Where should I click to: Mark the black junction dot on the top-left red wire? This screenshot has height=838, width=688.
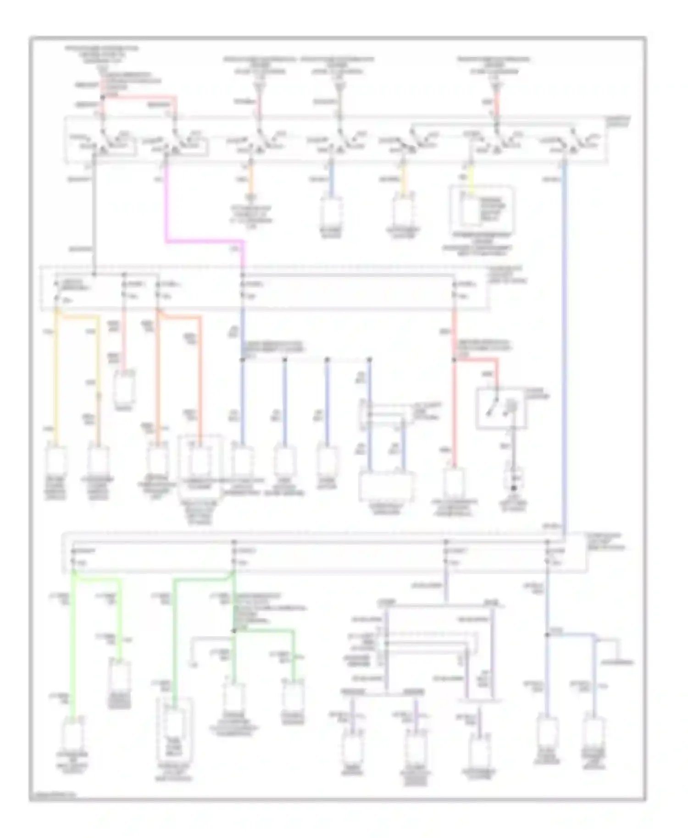(x=102, y=97)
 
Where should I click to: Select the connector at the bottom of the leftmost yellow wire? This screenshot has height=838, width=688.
(x=56, y=460)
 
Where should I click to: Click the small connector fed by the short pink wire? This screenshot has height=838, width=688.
(x=124, y=387)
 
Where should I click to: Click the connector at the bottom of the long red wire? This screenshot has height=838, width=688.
(x=454, y=481)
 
